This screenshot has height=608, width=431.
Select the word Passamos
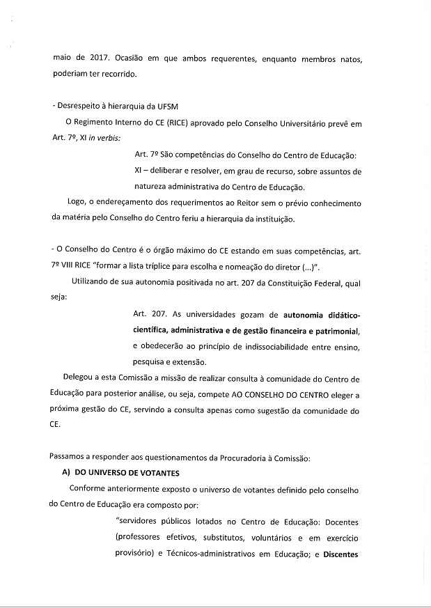point(70,457)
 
